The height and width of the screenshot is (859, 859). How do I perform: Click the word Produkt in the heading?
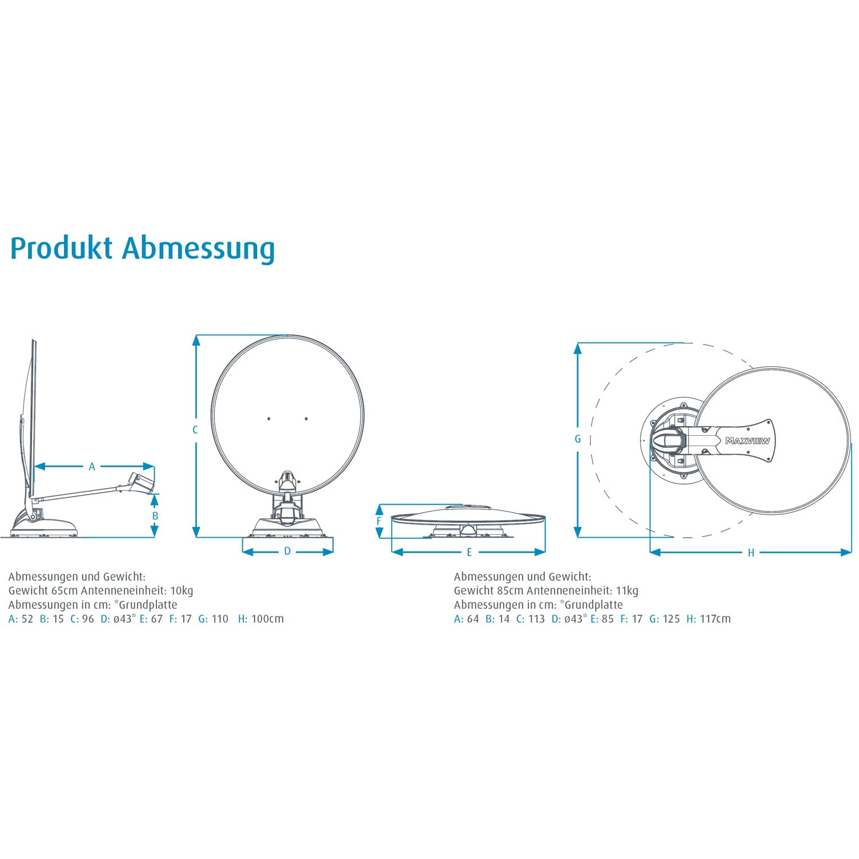(61, 249)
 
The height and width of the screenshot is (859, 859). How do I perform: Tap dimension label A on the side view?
(92, 467)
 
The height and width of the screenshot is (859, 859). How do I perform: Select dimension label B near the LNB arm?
(155, 516)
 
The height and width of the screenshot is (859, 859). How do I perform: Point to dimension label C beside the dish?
(195, 430)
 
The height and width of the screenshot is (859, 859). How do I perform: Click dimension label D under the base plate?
(287, 551)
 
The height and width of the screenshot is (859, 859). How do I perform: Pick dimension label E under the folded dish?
(469, 553)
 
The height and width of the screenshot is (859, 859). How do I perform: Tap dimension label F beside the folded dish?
(379, 522)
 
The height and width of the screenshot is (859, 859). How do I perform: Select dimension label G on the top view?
(577, 439)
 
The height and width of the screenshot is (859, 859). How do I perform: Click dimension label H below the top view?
(751, 553)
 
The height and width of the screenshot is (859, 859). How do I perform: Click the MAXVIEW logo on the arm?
(747, 441)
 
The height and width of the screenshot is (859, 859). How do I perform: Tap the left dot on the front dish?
(269, 419)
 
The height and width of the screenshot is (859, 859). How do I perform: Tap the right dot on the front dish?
(306, 419)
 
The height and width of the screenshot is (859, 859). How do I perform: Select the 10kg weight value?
(182, 590)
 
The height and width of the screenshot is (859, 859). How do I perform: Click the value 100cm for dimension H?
(267, 618)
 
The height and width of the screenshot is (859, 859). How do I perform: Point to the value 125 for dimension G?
(671, 618)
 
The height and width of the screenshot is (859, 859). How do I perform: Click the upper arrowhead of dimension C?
(196, 340)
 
